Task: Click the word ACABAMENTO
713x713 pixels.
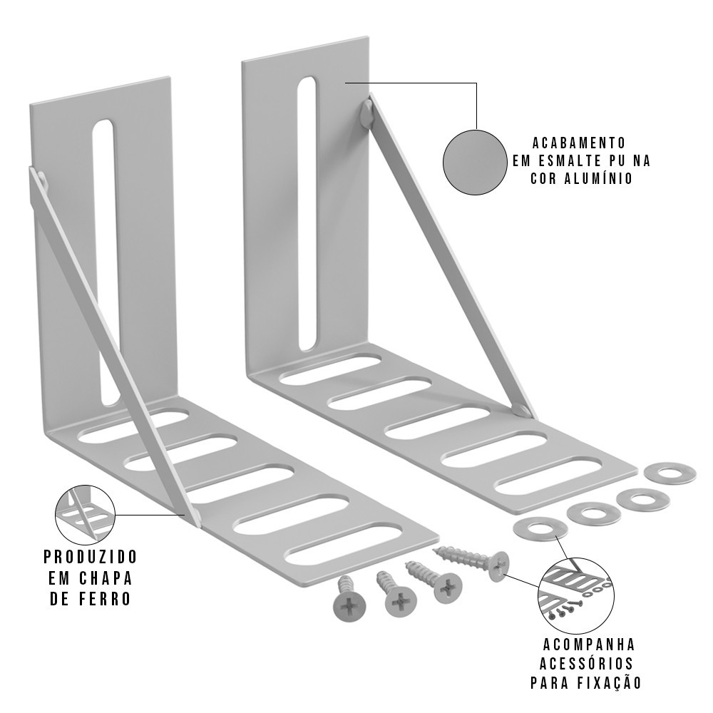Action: click(579, 143)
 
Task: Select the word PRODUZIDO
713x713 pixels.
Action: click(91, 556)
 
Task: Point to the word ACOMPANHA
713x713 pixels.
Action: click(589, 645)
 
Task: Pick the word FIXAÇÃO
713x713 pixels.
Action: click(609, 682)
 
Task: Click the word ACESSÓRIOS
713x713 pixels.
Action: click(587, 663)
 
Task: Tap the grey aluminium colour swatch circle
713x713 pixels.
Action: click(475, 163)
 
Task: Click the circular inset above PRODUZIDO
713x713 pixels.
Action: click(85, 514)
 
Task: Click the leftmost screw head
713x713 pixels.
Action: click(349, 605)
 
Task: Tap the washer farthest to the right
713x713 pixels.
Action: click(670, 473)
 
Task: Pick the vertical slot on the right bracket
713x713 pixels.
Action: click(307, 213)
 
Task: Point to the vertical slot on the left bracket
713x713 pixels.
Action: click(106, 263)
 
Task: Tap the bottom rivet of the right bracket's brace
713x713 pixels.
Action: click(522, 411)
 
